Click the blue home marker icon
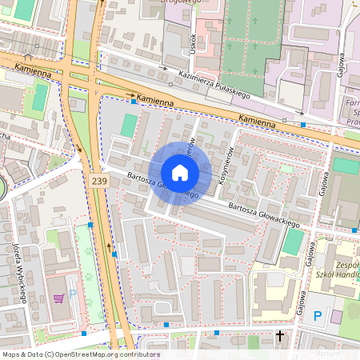[180, 173]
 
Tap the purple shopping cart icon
[58, 298]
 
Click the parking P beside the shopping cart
[73, 295]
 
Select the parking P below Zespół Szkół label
[318, 317]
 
